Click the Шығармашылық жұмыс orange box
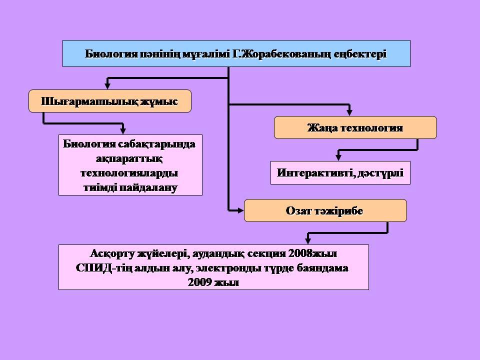110,101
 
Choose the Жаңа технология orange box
355,127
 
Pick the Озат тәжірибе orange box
325,210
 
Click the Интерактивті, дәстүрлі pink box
340,172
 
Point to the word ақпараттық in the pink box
129,159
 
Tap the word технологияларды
129,173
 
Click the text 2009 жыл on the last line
213,282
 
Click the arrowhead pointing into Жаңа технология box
349,112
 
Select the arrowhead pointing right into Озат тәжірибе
240,210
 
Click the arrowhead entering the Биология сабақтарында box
123,130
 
